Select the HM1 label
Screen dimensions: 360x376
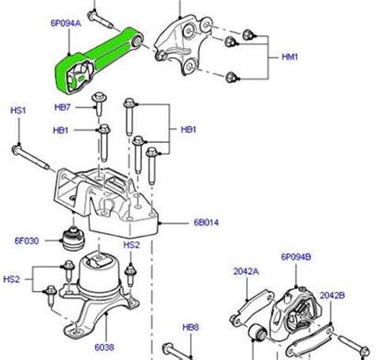coord(291,58)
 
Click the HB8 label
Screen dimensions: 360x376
coord(190,326)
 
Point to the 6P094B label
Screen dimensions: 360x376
coord(296,257)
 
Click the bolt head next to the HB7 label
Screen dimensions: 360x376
coord(98,99)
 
